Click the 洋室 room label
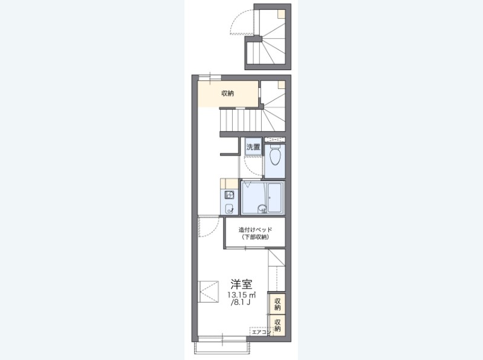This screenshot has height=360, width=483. tap(242, 284)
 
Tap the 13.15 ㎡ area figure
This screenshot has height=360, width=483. tap(242, 295)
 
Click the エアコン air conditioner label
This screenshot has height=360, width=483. tap(261, 332)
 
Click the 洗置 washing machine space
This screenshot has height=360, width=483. tap(253, 147)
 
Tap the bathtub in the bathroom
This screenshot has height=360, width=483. tap(274, 198)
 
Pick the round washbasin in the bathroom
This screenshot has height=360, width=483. tap(262, 209)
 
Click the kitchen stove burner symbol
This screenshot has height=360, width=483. tap(229, 195)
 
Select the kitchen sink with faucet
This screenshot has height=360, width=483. tap(229, 209)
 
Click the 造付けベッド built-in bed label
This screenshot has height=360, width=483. tap(255, 230)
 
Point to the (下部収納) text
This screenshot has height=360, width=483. tap(255, 237)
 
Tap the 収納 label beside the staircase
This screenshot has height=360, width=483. tap(228, 93)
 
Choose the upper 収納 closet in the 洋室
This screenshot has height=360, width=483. tap(277, 304)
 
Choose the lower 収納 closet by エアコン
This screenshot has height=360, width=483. tap(277, 326)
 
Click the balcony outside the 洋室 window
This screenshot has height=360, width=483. tap(221, 347)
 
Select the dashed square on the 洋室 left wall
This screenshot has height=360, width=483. tap(208, 292)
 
